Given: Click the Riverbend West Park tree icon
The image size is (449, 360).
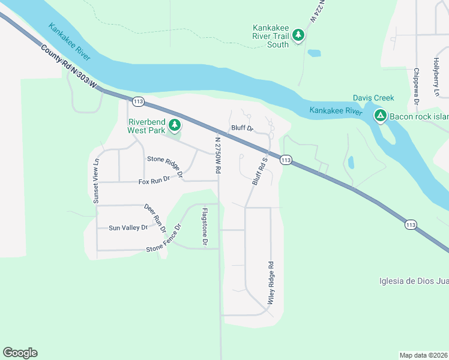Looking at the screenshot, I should [175, 125].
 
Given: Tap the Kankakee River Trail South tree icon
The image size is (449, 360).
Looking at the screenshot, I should [298, 35].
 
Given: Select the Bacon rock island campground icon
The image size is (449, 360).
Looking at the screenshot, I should [380, 115].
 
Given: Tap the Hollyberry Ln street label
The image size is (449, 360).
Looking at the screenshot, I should [436, 77].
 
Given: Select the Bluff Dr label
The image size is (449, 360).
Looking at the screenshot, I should [243, 128].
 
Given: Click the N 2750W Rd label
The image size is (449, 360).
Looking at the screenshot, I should [218, 155].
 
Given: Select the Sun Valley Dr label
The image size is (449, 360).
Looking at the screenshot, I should [128, 228].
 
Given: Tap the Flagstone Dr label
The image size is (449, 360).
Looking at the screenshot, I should [205, 227].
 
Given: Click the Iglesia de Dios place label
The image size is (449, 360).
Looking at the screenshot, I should [414, 281].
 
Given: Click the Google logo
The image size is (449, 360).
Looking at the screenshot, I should [20, 353].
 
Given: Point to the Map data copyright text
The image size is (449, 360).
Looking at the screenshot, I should [424, 355].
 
